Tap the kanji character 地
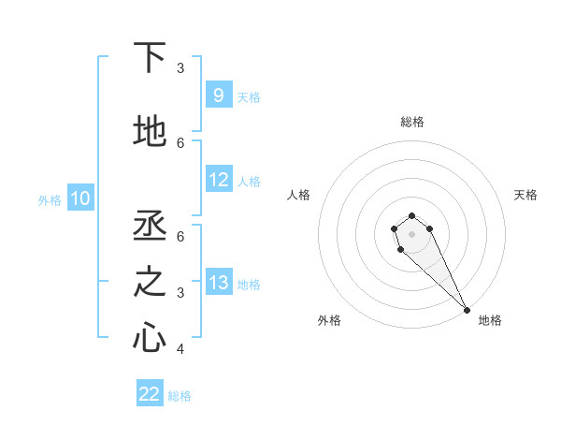pyautogui.click(x=151, y=132)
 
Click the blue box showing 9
pyautogui.click(x=218, y=95)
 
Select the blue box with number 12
pyautogui.click(x=219, y=180)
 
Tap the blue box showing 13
pyautogui.click(x=219, y=283)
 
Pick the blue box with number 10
pyautogui.click(x=80, y=198)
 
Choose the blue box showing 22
pyautogui.click(x=150, y=394)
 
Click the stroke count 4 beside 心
pyautogui.click(x=180, y=349)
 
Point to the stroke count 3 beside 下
pyautogui.click(x=180, y=67)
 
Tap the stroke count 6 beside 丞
pyautogui.click(x=180, y=236)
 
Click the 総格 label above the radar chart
pyautogui.click(x=411, y=122)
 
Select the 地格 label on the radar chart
pyautogui.click(x=490, y=320)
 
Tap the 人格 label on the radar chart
pyautogui.click(x=298, y=195)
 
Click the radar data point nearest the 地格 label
pyautogui.click(x=467, y=310)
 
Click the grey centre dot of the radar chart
pyautogui.click(x=411, y=234)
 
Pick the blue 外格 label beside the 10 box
pyautogui.click(x=50, y=199)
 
